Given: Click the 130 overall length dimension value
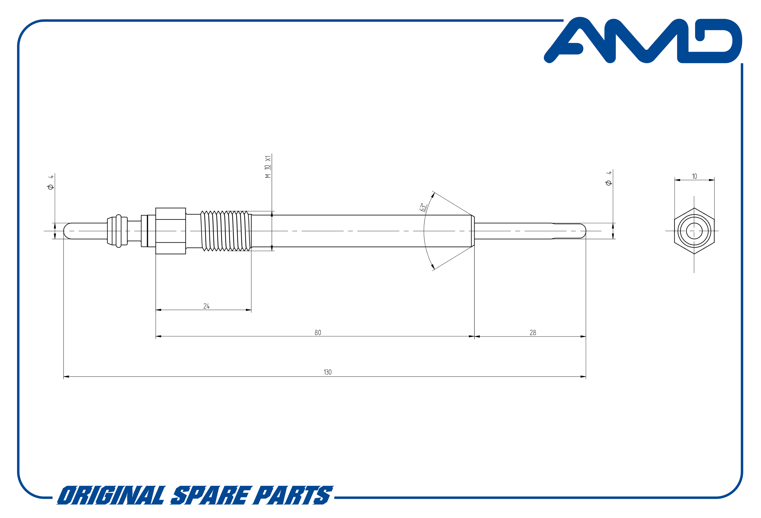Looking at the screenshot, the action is [328, 372].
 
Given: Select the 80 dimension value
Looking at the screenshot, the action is [318, 332].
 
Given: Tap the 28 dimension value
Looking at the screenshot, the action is [533, 332].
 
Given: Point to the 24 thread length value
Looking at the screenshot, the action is [206, 306].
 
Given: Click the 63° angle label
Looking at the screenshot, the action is [423, 208].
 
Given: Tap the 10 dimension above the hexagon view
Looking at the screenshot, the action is [694, 176].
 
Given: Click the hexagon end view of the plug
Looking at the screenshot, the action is [694, 231].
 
